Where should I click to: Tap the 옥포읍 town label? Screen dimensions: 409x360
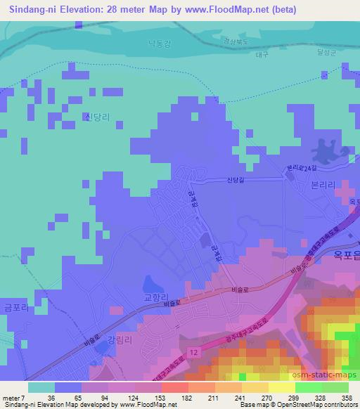coord(344,258)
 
